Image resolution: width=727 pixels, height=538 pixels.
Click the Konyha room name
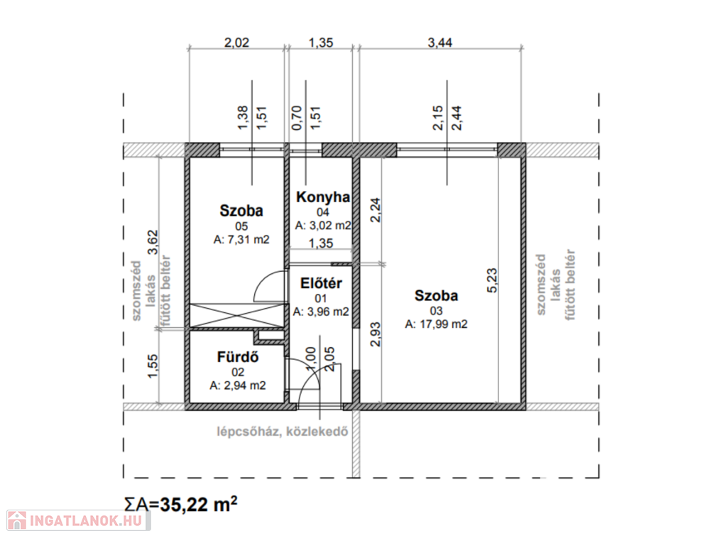pyautogui.click(x=323, y=197)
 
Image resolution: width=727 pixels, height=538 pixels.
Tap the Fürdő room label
pyautogui.click(x=238, y=357)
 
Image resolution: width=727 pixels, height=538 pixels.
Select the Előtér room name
pyautogui.click(x=321, y=283)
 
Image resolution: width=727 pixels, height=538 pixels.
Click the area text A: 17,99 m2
pyautogui.click(x=436, y=324)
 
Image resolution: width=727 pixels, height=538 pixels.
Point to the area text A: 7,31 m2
pyautogui.click(x=241, y=240)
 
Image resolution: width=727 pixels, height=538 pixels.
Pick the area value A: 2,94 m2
pyautogui.click(x=238, y=385)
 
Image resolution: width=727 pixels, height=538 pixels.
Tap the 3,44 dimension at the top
pyautogui.click(x=439, y=43)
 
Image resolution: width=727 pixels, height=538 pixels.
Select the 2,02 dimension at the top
pyautogui.click(x=236, y=43)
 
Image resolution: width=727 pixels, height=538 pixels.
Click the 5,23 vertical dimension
pyautogui.click(x=492, y=280)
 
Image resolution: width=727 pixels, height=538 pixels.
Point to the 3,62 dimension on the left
pyautogui.click(x=153, y=243)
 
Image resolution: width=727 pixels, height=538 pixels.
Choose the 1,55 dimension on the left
pyautogui.click(x=153, y=366)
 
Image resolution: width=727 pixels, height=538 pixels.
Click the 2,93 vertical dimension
pyautogui.click(x=376, y=334)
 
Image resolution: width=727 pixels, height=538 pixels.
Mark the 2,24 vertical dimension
pyautogui.click(x=376, y=210)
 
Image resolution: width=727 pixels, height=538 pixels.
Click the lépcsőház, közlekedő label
pyautogui.click(x=283, y=432)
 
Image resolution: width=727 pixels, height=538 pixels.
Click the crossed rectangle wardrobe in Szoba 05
pyautogui.click(x=236, y=315)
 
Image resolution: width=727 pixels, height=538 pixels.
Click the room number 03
pyautogui.click(x=436, y=310)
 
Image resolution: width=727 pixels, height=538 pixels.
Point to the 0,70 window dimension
pyautogui.click(x=297, y=118)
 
